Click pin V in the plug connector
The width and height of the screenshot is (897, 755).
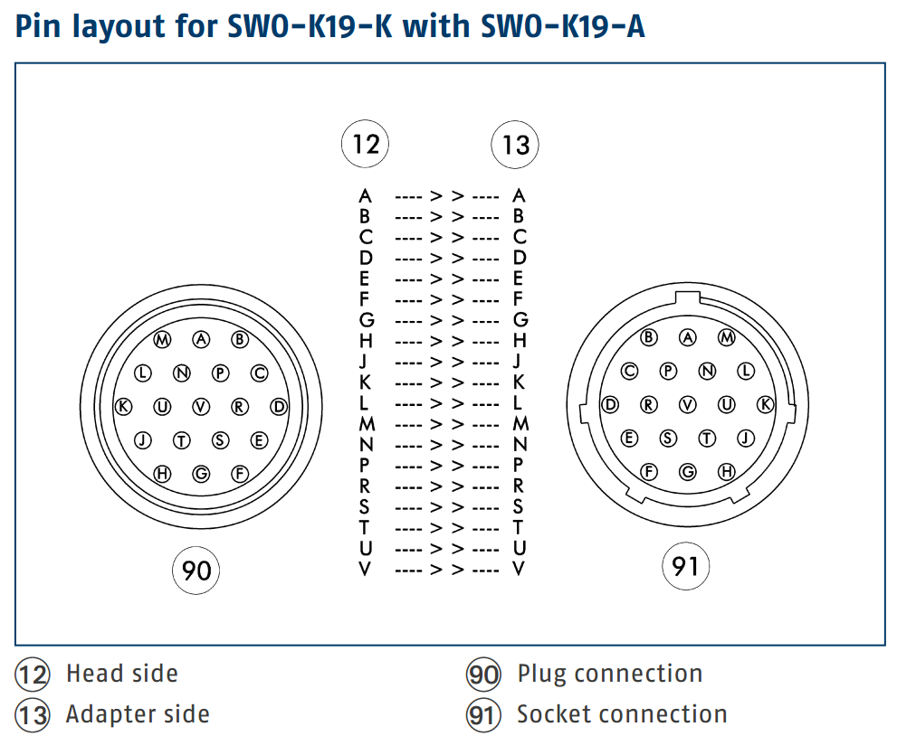pyautogui.click(x=201, y=407)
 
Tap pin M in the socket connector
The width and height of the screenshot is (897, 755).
pyautogui.click(x=727, y=337)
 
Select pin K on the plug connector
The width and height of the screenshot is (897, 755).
pyautogui.click(x=124, y=407)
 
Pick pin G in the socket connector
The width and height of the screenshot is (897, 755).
pyautogui.click(x=688, y=472)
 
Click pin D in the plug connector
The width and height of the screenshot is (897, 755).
pyautogui.click(x=279, y=407)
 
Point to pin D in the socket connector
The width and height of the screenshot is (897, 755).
pyautogui.click(x=610, y=405)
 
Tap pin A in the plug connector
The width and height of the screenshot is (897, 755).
pyautogui.click(x=201, y=339)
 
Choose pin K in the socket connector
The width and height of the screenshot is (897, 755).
pyautogui.click(x=766, y=405)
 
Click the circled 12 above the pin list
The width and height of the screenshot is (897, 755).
pyautogui.click(x=365, y=144)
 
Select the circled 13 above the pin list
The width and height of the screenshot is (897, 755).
pyautogui.click(x=515, y=145)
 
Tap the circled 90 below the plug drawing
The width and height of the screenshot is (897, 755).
pyautogui.click(x=196, y=571)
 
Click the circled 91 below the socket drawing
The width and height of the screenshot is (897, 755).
pyautogui.click(x=685, y=566)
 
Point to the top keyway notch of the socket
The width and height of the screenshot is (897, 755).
pyautogui.click(x=687, y=297)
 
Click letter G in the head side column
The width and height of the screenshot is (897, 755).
pyautogui.click(x=366, y=321)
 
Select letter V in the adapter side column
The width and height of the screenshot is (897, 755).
pyautogui.click(x=519, y=569)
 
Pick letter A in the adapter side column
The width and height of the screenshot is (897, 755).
pyautogui.click(x=519, y=196)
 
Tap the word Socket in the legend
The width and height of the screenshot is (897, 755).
pyautogui.click(x=551, y=714)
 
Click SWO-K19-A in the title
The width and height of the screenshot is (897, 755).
pyautogui.click(x=563, y=26)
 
